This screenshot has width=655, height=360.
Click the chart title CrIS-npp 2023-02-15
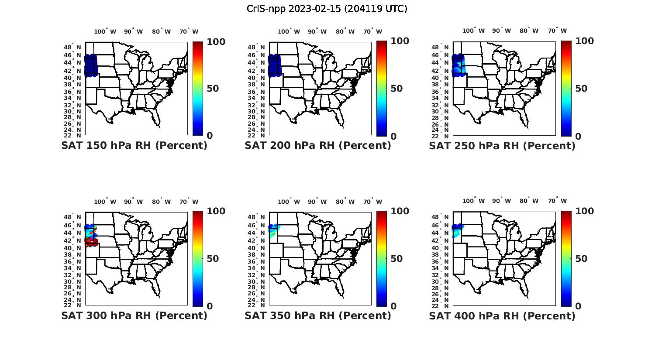(327, 9)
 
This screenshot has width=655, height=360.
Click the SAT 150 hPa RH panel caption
(134, 145)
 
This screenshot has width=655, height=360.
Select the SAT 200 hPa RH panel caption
(318, 145)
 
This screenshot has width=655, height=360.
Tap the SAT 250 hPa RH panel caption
(502, 146)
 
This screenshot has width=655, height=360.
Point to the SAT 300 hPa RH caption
(134, 315)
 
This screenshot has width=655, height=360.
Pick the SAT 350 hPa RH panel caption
(318, 315)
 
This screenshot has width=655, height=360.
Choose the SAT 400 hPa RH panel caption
(502, 316)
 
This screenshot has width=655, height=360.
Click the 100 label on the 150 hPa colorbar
(216, 41)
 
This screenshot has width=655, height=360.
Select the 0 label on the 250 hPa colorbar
(578, 136)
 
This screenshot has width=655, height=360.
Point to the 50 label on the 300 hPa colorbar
(213, 259)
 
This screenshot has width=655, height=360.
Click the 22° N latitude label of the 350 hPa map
(256, 305)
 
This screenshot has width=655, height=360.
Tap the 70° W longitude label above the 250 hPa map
(557, 31)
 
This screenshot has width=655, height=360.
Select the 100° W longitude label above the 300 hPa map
(105, 202)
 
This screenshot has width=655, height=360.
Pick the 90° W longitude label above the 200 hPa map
(317, 31)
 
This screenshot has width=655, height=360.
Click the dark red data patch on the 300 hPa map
(91, 240)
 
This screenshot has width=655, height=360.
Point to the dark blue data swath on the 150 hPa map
(90, 65)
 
